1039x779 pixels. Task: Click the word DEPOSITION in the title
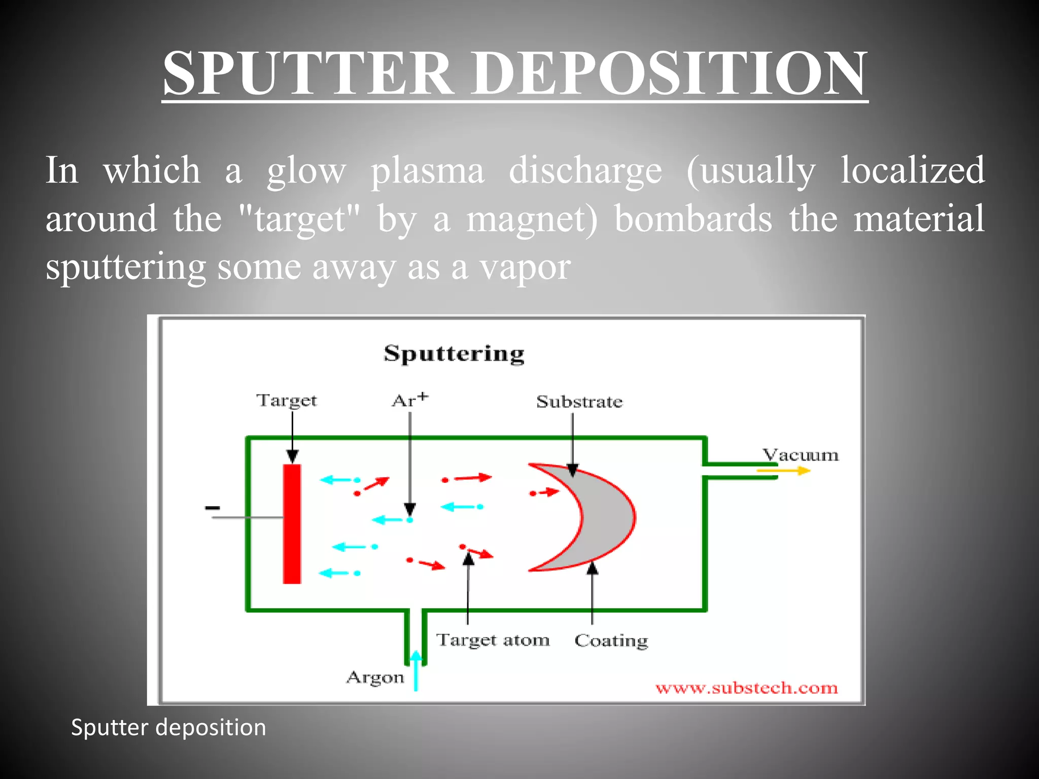[x=669, y=74]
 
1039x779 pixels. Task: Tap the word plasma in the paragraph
[x=427, y=171]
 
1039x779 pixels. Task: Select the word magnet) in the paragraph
[x=532, y=219]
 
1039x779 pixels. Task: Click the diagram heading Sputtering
[x=454, y=353]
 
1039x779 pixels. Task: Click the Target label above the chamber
[x=286, y=401]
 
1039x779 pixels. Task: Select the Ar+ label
[x=409, y=400]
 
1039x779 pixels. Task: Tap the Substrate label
[x=579, y=402]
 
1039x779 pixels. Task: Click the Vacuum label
[x=801, y=455]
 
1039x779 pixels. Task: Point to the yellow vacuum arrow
[x=784, y=471]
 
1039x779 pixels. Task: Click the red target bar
[x=292, y=523]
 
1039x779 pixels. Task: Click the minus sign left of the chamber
[x=212, y=508]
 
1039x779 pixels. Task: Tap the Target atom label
[x=493, y=640]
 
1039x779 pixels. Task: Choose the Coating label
[x=611, y=641]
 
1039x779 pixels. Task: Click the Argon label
[x=375, y=678]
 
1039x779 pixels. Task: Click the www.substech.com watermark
[x=746, y=688]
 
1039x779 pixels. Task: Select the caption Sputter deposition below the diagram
[x=168, y=727]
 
